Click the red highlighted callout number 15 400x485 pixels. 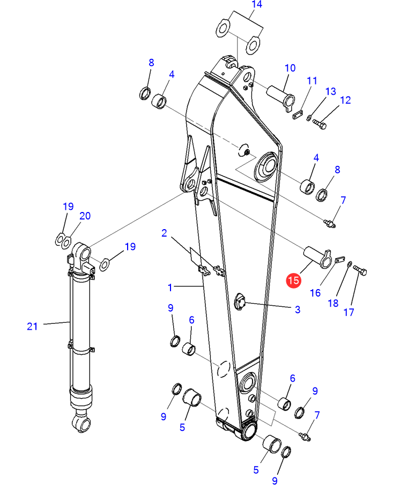point(293,280)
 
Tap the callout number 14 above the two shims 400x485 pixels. point(257,4)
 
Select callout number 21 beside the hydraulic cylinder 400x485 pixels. point(32,327)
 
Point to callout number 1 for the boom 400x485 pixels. point(170,287)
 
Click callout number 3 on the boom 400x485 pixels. point(298,309)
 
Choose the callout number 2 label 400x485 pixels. point(164,233)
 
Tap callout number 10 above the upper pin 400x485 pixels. point(290,68)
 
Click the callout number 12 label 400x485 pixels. point(345,100)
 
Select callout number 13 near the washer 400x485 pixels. point(331,91)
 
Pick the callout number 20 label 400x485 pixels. point(85,216)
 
